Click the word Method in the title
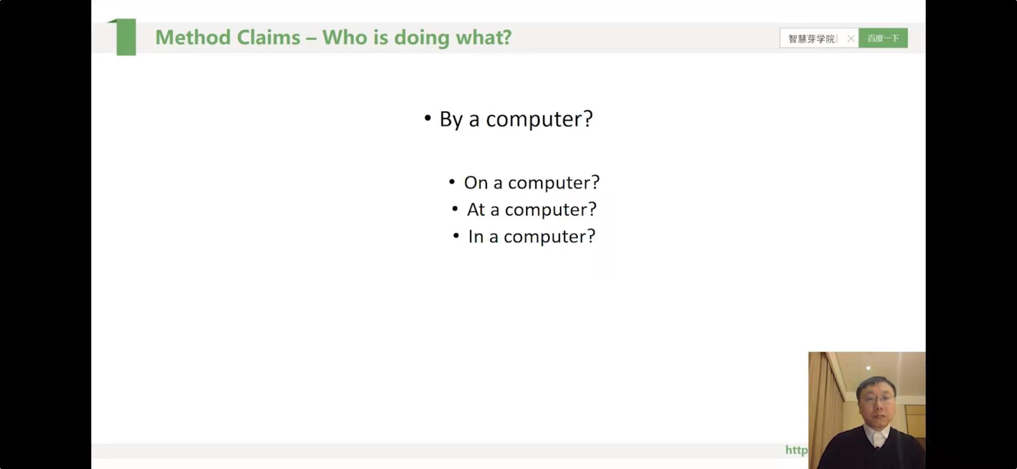point(193,37)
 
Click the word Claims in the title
point(269,37)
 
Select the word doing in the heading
point(422,38)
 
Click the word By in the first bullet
point(451,119)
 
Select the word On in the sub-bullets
point(476,182)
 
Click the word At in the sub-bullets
point(475,210)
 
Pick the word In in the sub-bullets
point(475,237)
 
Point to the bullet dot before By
point(428,118)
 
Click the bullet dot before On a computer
point(452,182)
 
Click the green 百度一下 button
point(883,38)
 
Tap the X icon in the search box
point(851,39)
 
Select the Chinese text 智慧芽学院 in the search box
point(811,39)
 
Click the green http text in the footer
point(797,450)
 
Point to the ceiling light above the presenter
point(868,368)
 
